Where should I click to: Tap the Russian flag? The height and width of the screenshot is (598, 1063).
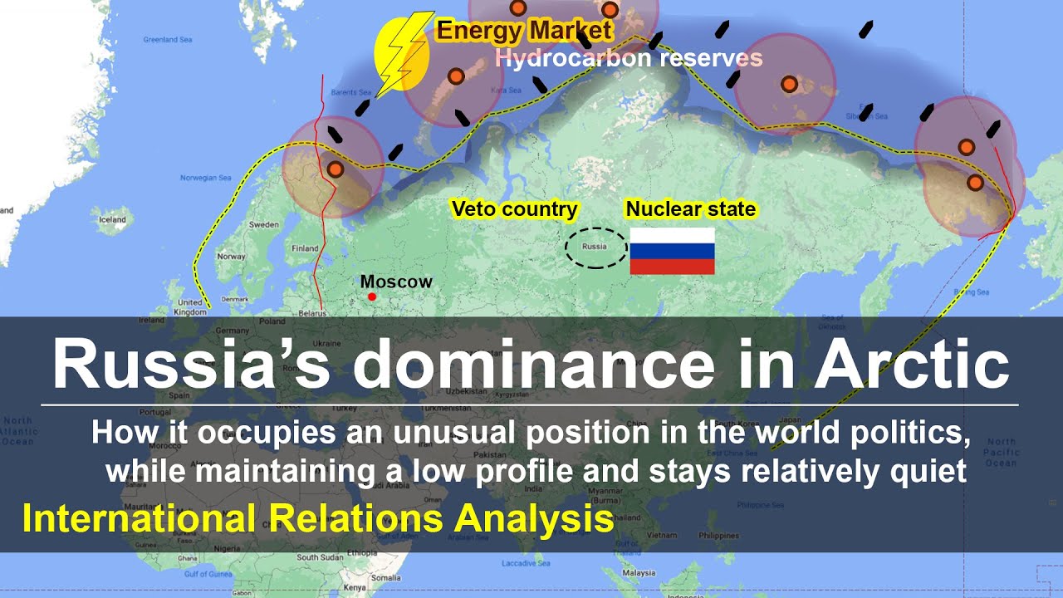point(672,251)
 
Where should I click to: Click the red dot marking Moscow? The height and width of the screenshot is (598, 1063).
point(372,297)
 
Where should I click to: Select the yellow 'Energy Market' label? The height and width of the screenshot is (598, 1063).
point(524,32)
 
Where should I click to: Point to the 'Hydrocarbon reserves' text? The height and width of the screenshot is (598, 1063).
point(628,58)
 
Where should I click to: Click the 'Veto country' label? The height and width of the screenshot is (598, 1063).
point(514,209)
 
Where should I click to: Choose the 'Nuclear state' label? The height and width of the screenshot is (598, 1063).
point(690,209)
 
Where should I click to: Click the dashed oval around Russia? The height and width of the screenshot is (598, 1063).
point(595,248)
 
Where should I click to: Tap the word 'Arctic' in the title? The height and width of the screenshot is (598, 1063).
point(911,365)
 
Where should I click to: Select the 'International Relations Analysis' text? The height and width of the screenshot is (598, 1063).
point(318,519)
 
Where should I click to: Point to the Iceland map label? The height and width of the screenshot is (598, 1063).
point(112,220)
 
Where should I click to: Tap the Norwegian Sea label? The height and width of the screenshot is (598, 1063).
point(205,177)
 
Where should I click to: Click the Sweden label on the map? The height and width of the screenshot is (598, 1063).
point(264,225)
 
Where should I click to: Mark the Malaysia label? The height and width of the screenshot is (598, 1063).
point(639,573)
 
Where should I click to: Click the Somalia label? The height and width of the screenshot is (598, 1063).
point(385,577)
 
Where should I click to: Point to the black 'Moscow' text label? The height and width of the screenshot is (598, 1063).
point(396,282)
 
